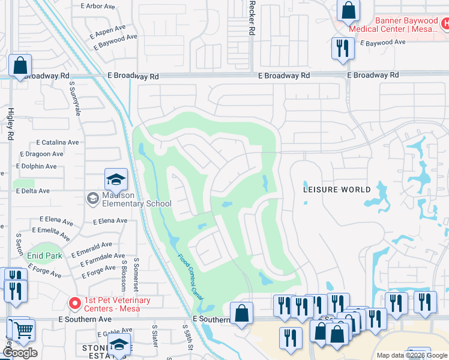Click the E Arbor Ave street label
pos(97,6)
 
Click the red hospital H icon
pos(445,24)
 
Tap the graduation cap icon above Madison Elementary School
pos(116,179)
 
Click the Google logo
pos(20,353)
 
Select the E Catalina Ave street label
pos(57,143)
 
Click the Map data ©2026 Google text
pos(412,355)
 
